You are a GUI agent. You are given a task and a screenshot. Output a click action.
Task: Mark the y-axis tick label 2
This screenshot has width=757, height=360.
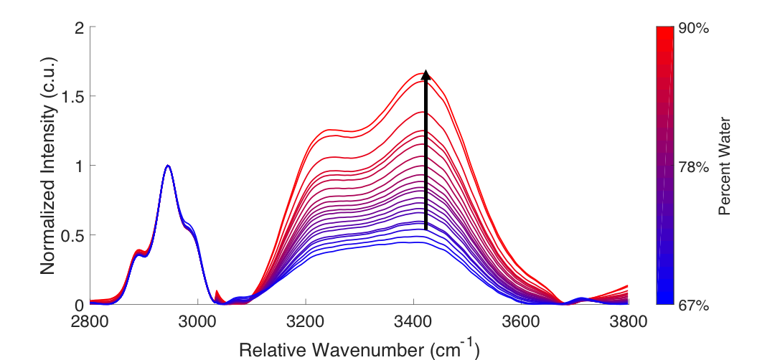79,28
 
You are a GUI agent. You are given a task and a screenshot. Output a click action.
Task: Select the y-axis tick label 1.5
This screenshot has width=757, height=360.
72,97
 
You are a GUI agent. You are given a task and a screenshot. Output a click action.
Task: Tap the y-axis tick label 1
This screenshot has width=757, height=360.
79,166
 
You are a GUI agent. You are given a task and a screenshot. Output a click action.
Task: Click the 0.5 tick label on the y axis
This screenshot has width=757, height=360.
72,235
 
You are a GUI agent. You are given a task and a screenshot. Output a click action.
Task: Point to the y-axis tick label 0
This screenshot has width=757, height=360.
79,305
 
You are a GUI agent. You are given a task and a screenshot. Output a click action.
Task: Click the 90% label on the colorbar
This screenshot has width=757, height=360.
693,29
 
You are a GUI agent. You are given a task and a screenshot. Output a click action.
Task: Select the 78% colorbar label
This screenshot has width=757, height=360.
693,167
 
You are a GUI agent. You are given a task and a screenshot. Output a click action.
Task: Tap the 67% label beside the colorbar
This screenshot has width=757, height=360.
693,305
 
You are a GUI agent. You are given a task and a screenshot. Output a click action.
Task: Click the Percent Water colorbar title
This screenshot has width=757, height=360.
725,166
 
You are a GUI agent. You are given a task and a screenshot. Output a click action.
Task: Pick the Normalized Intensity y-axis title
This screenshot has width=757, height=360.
48,166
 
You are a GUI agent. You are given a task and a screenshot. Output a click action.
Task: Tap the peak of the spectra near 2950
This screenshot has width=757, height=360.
168,166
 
